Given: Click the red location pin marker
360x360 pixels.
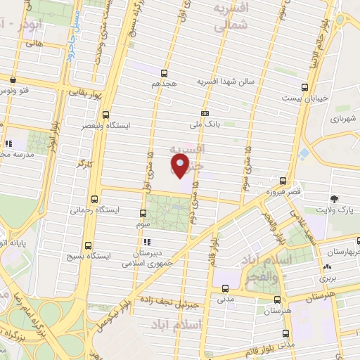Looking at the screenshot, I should click(x=180, y=166).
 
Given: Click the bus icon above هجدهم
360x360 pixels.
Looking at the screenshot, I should click(x=165, y=72).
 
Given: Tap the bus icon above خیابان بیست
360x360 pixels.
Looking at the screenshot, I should click(x=304, y=87).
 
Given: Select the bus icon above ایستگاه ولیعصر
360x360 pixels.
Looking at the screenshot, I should click(x=106, y=115).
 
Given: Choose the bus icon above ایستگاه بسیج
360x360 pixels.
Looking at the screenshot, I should click(x=88, y=245).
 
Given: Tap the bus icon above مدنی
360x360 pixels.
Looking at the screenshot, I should click(x=225, y=288).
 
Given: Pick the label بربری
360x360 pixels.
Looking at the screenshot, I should click(x=327, y=278).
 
